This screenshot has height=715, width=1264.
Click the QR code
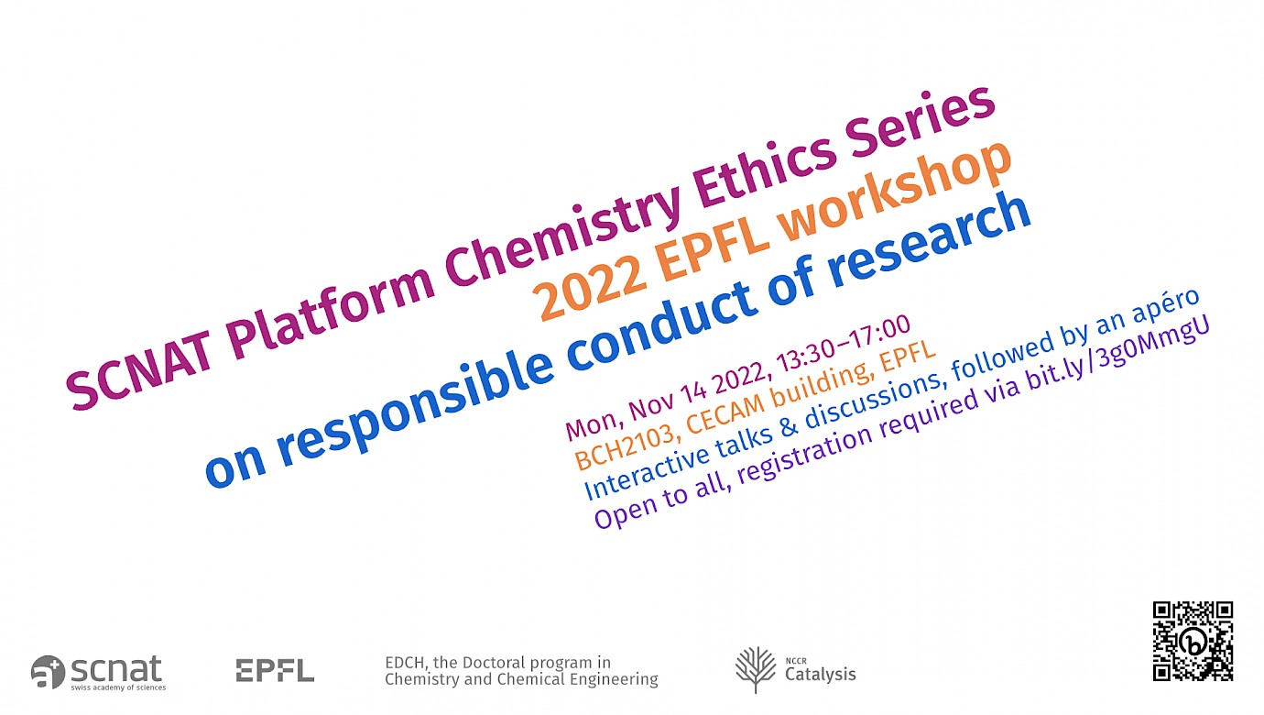1193,641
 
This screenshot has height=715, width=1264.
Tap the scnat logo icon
48,672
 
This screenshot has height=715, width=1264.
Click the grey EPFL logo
275,670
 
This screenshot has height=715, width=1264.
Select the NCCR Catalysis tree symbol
756,670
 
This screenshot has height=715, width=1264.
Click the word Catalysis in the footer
821,675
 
